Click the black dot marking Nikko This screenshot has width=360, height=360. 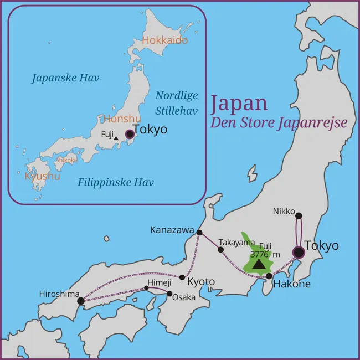coord(299,215)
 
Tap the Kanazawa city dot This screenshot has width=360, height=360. coord(200,233)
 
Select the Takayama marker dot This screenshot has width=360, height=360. coord(220,250)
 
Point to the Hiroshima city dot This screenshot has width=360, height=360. coord(81,301)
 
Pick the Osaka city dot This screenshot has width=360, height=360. coord(170,294)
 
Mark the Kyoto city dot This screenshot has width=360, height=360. coord(182,277)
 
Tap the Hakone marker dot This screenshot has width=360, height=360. coord(269,276)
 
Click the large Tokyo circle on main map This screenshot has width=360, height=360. coord(299,253)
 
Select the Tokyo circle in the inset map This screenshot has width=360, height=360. coord(130,133)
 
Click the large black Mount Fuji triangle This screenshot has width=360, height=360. coord(259,264)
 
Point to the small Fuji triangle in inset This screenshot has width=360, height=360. coord(116,138)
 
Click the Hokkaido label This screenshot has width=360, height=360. coord(164,40)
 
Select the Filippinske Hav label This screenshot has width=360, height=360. coord(115,182)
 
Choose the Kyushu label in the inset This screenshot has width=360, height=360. coord(42,176)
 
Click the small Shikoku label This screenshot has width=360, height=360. coord(66,160)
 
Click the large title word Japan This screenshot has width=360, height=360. coord(239,103)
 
